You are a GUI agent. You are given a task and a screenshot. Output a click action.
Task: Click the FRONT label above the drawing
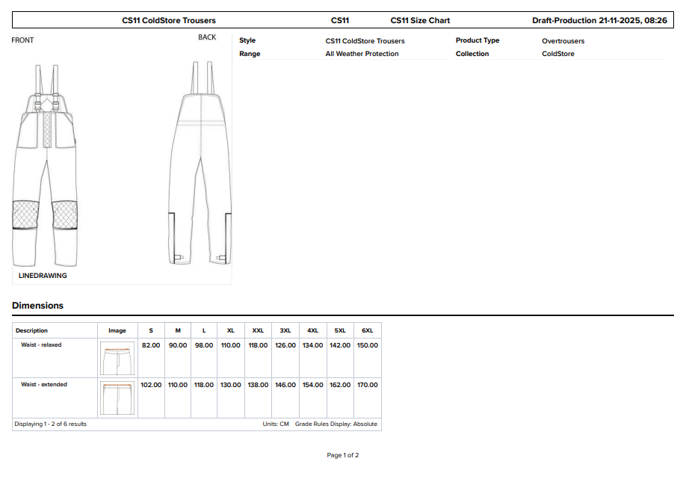[22, 40]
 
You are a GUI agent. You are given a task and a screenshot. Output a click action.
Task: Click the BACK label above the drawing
[207, 37]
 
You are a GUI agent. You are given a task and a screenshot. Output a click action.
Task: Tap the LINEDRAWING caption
[43, 276]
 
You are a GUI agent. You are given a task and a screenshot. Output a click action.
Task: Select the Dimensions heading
[37, 305]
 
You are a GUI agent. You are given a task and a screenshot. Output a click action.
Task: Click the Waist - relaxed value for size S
[151, 345]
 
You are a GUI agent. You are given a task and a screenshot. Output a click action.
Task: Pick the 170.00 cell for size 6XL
[367, 385]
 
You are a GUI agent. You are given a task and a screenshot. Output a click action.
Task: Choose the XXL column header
[258, 330]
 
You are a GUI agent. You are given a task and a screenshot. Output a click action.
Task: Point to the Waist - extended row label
[44, 385]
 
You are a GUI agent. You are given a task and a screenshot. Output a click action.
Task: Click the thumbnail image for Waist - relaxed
[117, 359]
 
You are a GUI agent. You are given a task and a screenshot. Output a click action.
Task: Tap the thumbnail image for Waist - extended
[117, 398]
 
